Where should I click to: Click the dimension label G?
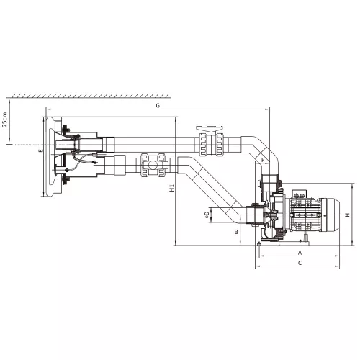point(158,106)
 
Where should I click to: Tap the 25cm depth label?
point(4,120)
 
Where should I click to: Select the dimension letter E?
point(41,150)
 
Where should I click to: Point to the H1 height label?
point(171,188)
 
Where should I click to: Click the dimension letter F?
point(263,160)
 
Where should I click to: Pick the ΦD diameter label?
point(207,215)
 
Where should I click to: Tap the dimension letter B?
point(236,232)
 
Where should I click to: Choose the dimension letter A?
point(300,253)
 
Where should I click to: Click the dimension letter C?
point(300,263)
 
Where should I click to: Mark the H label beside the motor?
point(347,215)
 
